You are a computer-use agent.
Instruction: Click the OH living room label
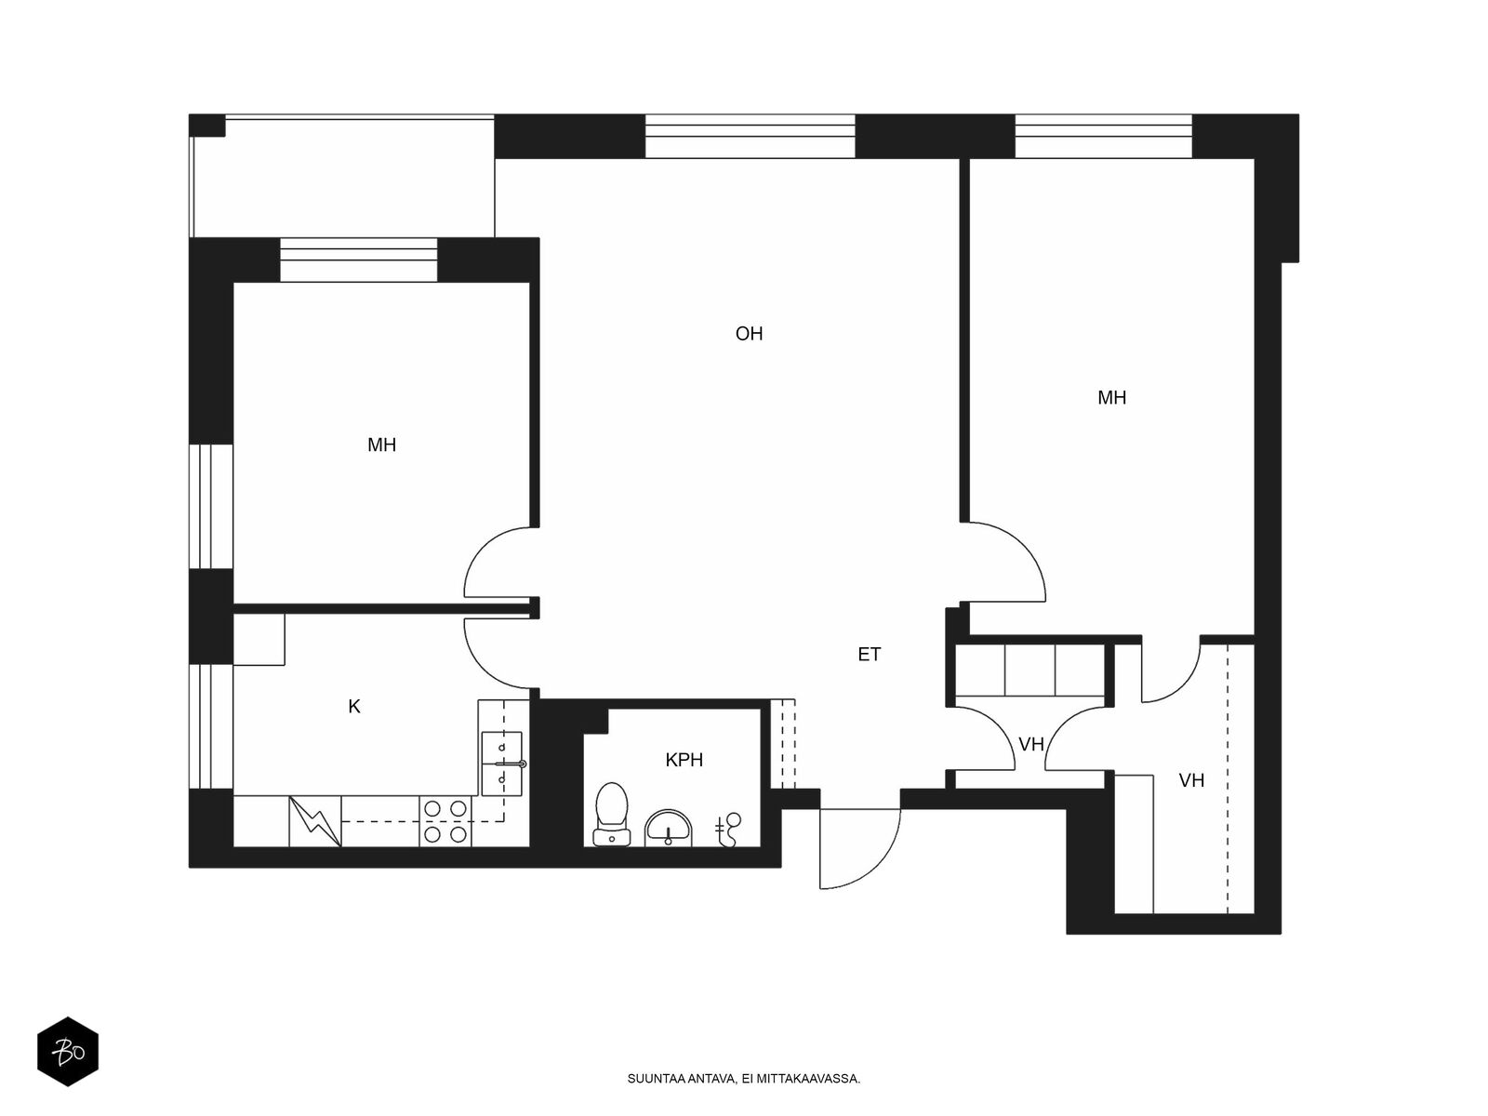pyautogui.click(x=749, y=334)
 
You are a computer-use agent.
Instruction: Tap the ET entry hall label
pyautogui.click(x=869, y=655)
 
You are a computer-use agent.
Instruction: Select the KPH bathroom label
pyautogui.click(x=684, y=761)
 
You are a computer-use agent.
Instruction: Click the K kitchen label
pyautogui.click(x=354, y=707)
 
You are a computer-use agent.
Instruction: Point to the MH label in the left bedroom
pyautogui.click(x=381, y=445)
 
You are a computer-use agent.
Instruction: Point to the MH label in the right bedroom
pyautogui.click(x=1111, y=398)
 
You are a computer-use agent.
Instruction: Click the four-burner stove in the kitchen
pyautogui.click(x=445, y=821)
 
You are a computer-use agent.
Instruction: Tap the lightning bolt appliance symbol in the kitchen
pyautogui.click(x=315, y=821)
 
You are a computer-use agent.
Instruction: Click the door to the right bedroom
pyautogui.click(x=1009, y=563)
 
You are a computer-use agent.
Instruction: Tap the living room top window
pyautogui.click(x=750, y=137)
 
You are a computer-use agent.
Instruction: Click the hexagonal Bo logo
pyautogui.click(x=68, y=1052)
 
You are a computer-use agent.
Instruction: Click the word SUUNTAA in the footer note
pyautogui.click(x=656, y=1080)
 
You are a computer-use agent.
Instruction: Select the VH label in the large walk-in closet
pyautogui.click(x=1191, y=781)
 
